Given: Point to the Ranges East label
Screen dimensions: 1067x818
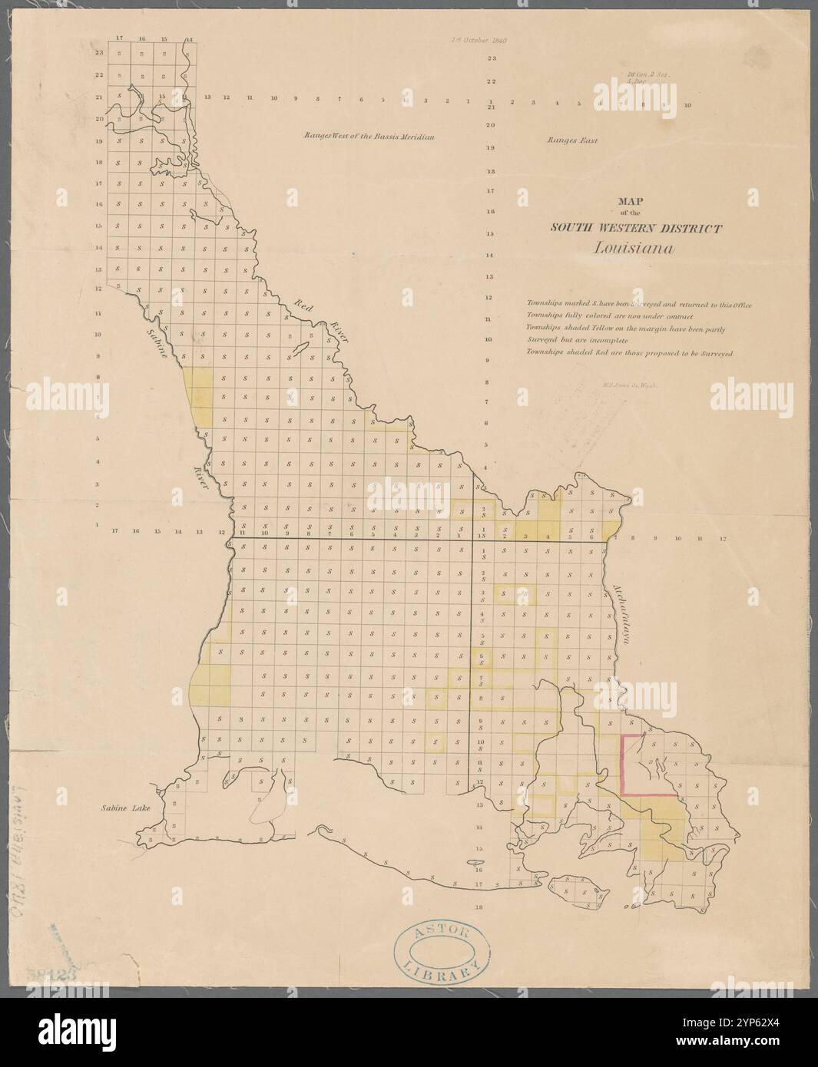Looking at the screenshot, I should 571,140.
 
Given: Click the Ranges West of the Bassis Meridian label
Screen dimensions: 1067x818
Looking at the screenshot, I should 369,137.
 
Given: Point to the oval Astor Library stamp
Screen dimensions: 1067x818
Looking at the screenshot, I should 442,950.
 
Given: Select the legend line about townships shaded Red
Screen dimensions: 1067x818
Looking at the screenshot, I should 630,353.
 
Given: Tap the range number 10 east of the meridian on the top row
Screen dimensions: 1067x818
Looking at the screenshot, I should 687,105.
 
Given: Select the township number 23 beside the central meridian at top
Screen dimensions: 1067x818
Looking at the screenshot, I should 491,59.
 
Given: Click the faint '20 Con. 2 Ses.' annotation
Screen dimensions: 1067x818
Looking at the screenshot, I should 650,75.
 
